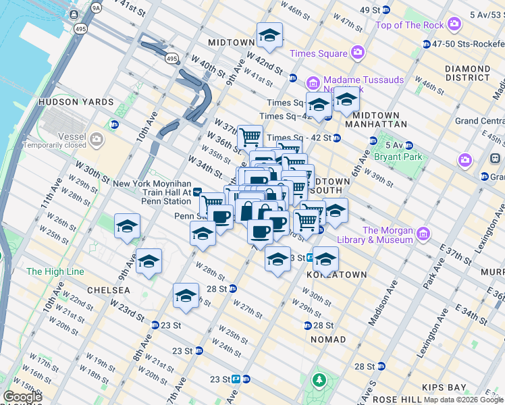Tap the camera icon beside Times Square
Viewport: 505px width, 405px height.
coord(357,53)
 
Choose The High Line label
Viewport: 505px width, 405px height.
coord(55,271)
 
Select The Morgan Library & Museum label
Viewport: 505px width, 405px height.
coord(388,235)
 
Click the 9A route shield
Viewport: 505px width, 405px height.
coord(96,8)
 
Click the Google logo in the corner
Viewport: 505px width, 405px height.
coord(22,397)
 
